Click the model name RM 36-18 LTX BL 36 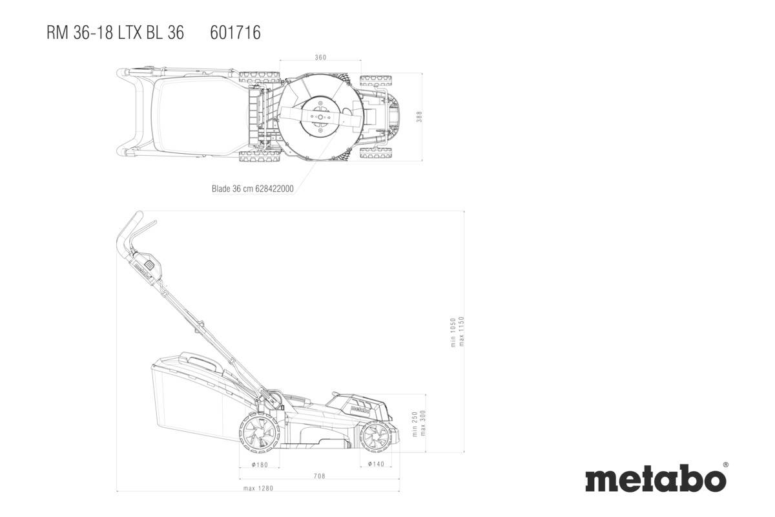[x=115, y=32]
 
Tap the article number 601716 [x=235, y=32]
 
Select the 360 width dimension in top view [x=320, y=58]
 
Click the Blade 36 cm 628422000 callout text [x=253, y=189]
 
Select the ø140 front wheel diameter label [x=376, y=464]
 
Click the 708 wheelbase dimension [x=319, y=476]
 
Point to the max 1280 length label [x=258, y=489]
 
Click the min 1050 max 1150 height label [x=457, y=332]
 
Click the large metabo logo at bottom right [x=655, y=480]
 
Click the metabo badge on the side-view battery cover [x=360, y=408]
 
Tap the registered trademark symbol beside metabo [x=725, y=465]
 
